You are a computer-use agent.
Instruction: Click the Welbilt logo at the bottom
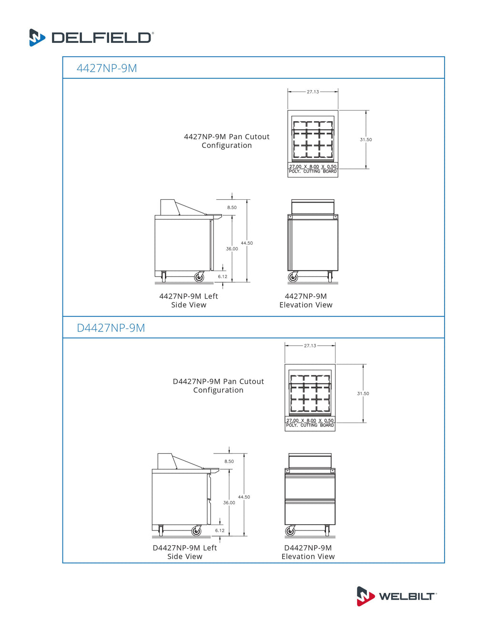pos(396,596)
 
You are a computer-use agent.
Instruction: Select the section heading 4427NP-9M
pos(107,68)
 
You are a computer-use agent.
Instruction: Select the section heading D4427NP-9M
pos(111,328)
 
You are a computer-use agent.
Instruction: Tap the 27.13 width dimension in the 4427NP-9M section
pos(313,92)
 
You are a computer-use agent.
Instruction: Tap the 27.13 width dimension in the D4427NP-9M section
pos(310,346)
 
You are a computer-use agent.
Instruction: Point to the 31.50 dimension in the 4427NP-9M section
pos(366,140)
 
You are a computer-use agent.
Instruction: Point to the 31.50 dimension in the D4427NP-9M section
pos(363,394)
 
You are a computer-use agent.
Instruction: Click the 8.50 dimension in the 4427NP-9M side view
pos(232,207)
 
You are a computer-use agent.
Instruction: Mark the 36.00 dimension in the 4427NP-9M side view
pos(232,249)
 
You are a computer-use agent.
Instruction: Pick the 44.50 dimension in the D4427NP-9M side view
pos(244,497)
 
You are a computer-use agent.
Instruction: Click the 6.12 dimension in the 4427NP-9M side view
pos(223,277)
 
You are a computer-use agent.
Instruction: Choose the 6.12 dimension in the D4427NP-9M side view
pos(220,530)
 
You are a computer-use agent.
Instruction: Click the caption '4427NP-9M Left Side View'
pos(189,300)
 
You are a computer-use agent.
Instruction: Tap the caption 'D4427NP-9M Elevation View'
pos(308,552)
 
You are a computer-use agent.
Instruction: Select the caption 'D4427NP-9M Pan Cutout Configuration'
pos(218,386)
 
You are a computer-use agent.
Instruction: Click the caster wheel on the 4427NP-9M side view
pos(199,277)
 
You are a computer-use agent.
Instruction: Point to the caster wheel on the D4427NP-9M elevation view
pos(290,531)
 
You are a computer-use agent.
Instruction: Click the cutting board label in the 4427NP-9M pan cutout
pos(313,169)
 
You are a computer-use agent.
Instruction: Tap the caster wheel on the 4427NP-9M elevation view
pos(293,277)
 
